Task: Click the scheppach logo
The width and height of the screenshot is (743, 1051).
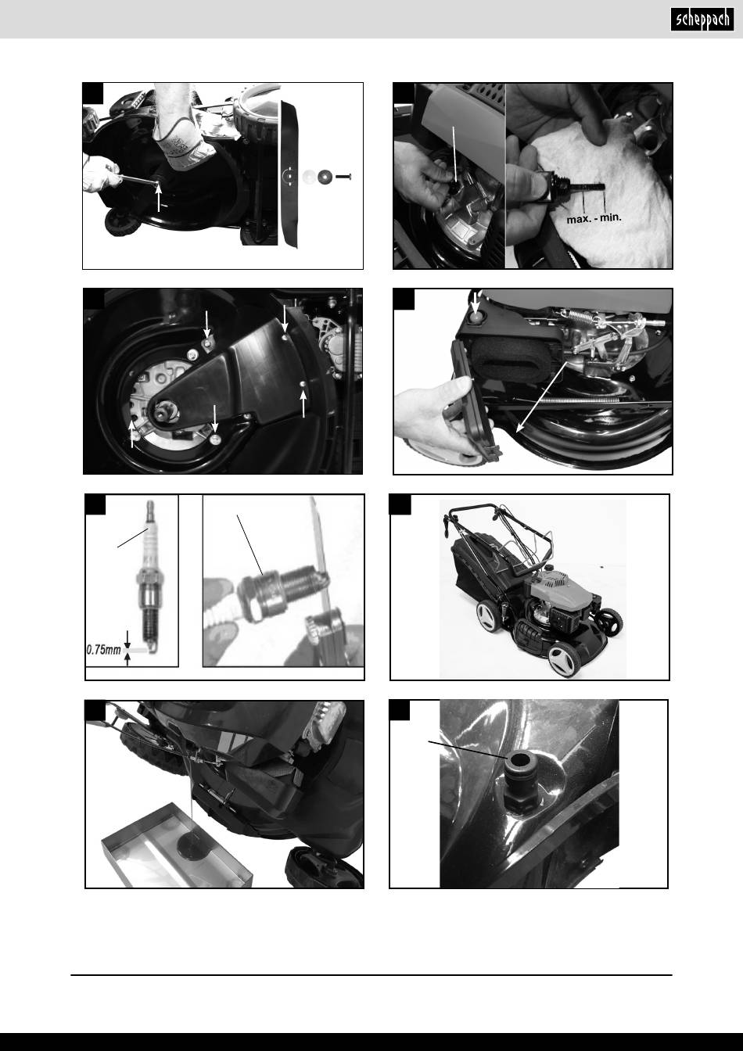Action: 702,20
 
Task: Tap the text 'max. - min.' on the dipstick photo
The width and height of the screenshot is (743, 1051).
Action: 594,218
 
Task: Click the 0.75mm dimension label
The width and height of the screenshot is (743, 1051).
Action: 104,651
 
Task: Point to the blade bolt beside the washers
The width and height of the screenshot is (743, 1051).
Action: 343,177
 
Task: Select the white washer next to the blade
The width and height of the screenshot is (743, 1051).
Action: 309,177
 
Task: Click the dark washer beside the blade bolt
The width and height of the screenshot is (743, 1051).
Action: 325,177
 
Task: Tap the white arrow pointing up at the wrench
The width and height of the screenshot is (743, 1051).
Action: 159,198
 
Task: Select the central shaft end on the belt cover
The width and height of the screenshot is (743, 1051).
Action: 164,411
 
